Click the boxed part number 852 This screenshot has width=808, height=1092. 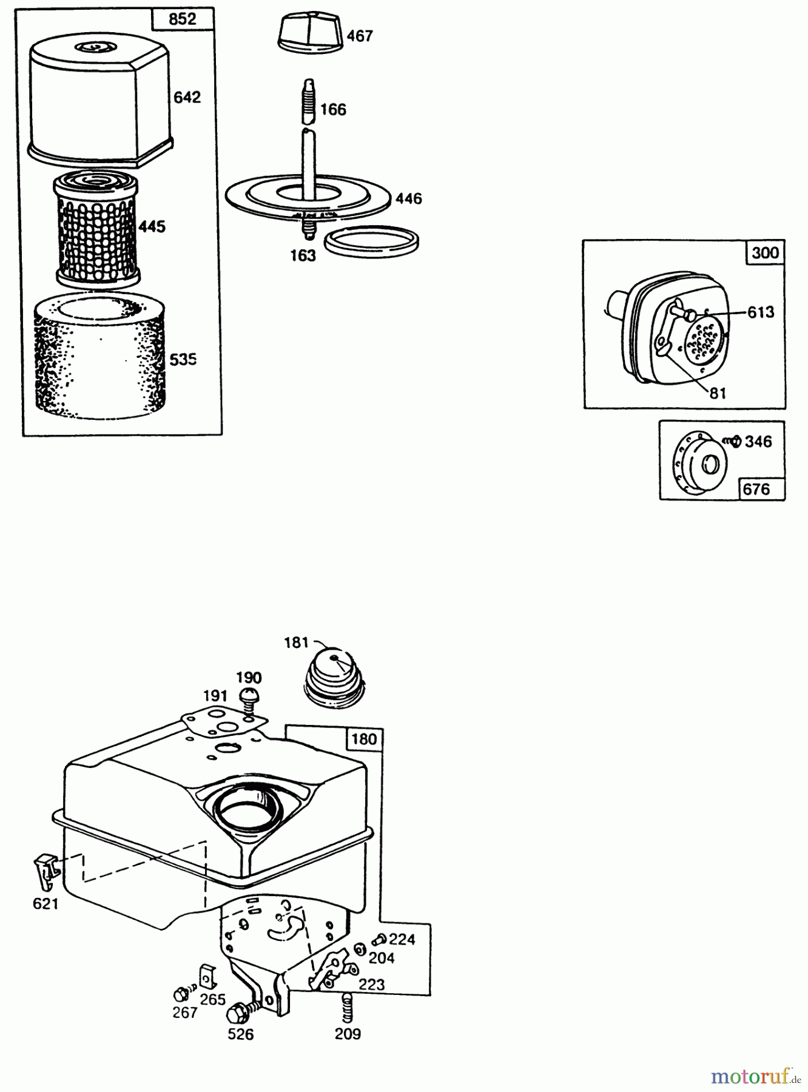click(x=183, y=19)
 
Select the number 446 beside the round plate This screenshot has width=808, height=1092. click(x=408, y=198)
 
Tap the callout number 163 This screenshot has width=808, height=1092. click(x=302, y=255)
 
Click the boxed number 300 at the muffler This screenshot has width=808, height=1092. click(x=765, y=252)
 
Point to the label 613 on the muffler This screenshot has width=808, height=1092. click(x=761, y=312)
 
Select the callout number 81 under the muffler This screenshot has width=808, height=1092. click(x=718, y=393)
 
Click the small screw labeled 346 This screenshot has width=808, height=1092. click(x=732, y=441)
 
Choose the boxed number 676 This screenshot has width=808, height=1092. click(x=756, y=489)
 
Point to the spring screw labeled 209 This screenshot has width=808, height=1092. click(x=347, y=1006)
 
